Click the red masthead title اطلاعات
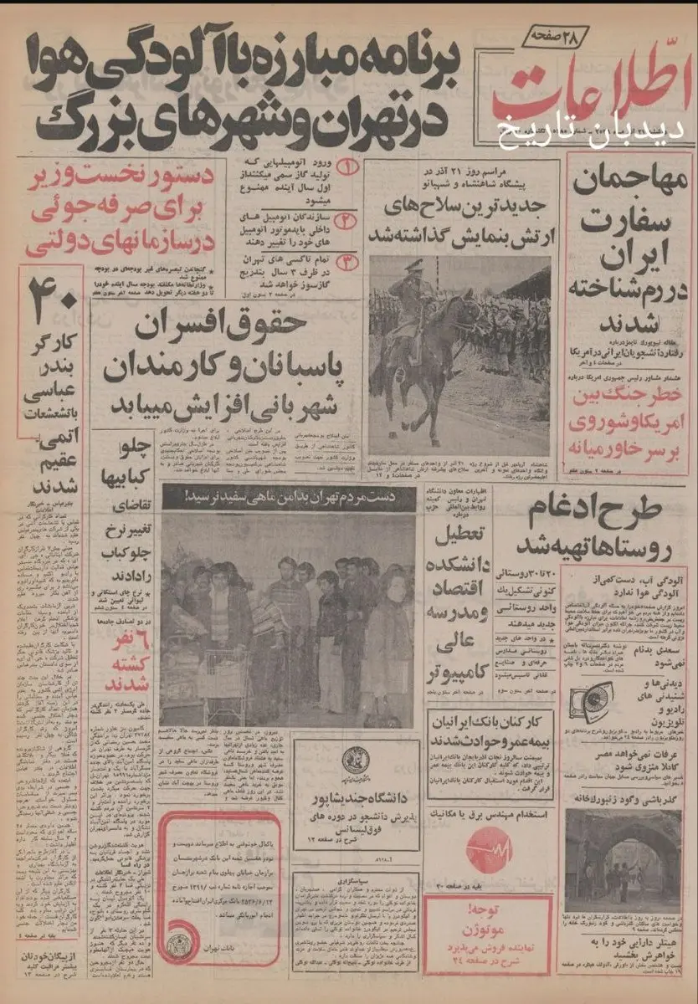[x=586, y=92]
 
